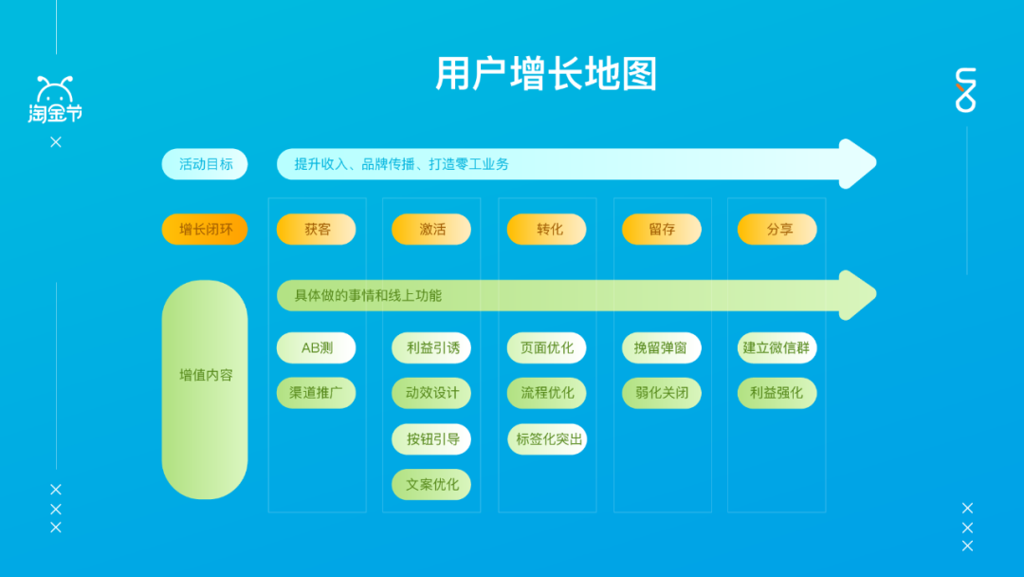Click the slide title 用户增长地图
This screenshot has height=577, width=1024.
(546, 74)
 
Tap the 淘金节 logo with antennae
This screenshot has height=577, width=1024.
(55, 101)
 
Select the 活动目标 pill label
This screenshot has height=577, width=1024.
(205, 164)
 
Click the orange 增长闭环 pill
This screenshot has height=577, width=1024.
(205, 229)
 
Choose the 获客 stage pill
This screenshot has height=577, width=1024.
(317, 229)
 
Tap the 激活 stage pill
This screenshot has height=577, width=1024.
(431, 229)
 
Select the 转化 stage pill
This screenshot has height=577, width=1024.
(547, 229)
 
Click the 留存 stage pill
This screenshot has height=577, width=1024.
(662, 229)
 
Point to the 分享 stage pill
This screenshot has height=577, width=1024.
(777, 229)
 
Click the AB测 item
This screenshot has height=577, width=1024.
(317, 347)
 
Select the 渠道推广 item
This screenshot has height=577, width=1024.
(317, 393)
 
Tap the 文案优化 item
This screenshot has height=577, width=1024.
(431, 484)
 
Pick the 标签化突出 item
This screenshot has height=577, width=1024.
(547, 438)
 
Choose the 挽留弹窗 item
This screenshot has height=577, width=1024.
(662, 347)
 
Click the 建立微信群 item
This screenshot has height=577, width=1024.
(777, 347)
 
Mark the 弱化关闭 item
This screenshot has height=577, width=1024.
(662, 393)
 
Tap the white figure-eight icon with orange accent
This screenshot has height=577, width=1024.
(965, 91)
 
